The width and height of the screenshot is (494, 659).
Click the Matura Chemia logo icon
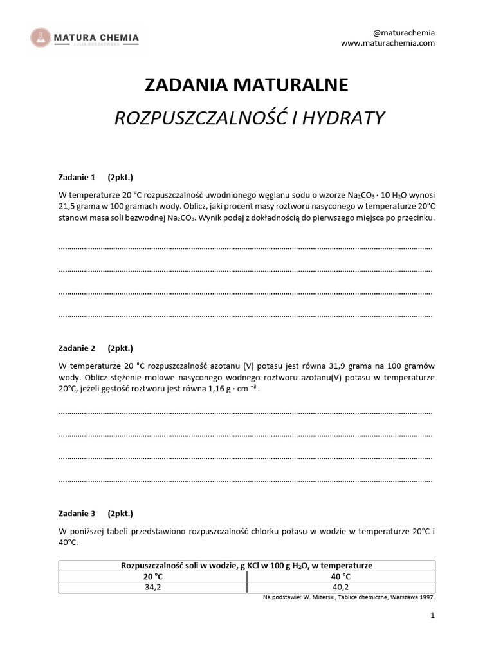(41, 38)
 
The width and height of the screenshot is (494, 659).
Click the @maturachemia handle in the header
(404, 32)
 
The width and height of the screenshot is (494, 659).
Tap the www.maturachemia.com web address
(388, 43)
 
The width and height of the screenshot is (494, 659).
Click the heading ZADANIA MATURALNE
(246, 85)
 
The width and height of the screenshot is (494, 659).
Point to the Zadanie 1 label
(77, 178)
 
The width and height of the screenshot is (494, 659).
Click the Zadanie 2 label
(77, 348)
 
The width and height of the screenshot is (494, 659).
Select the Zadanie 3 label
(77, 514)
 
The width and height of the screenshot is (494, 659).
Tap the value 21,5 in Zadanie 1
(68, 206)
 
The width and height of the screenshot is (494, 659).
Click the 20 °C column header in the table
(153, 577)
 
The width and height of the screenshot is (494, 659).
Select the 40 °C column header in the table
(341, 577)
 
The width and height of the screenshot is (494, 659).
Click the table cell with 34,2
(153, 587)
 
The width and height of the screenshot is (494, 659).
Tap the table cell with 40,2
(341, 587)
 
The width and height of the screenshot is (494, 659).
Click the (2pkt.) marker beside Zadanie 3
(120, 514)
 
